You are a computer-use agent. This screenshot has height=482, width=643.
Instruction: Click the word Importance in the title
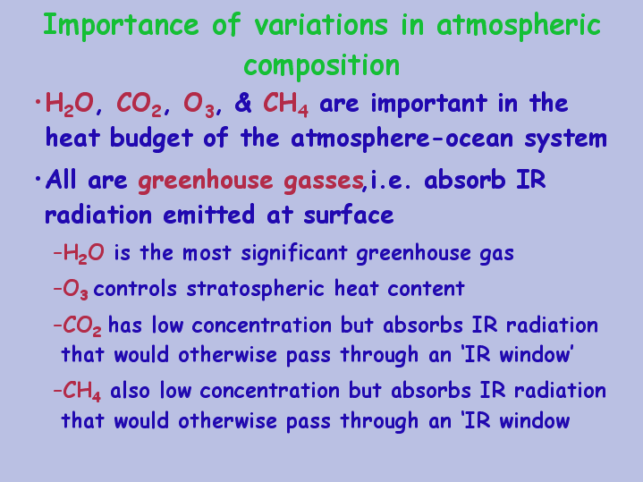pyautogui.click(x=121, y=25)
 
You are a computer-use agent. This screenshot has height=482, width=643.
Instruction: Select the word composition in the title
pyautogui.click(x=322, y=65)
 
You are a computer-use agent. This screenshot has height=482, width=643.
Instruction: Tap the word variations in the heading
pyautogui.click(x=321, y=25)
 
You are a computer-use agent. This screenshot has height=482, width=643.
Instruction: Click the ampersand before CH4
pyautogui.click(x=243, y=103)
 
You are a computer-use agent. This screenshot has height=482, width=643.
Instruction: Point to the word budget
pyautogui.click(x=151, y=139)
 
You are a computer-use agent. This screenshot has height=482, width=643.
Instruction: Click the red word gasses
pyautogui.click(x=324, y=181)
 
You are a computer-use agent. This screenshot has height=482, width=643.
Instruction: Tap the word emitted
pyautogui.click(x=208, y=215)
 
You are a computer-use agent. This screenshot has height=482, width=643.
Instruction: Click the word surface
pyautogui.click(x=349, y=214)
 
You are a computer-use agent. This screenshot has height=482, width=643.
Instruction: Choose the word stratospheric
pyautogui.click(x=256, y=289)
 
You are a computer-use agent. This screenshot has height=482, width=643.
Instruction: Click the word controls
pyautogui.click(x=135, y=288)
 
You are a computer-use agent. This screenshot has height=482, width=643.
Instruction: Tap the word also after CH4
pyautogui.click(x=130, y=391)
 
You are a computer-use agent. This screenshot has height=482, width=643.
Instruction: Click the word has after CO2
pyautogui.click(x=125, y=325)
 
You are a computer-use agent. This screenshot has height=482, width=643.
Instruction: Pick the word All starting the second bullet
pyautogui.click(x=61, y=180)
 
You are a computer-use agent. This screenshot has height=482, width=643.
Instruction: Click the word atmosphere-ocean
pyautogui.click(x=402, y=139)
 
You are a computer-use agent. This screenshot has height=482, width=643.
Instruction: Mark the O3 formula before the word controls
pyautogui.click(x=75, y=290)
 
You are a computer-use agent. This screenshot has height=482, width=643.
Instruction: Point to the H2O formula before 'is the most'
pyautogui.click(x=84, y=253)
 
